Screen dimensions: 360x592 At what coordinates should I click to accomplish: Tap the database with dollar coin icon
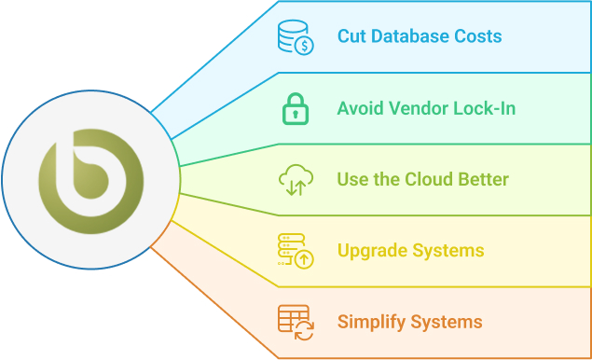click(x=294, y=37)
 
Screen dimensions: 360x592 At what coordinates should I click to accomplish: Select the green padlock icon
click(x=294, y=108)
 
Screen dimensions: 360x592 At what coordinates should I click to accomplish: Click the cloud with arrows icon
click(x=294, y=180)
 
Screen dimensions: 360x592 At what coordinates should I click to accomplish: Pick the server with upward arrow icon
click(x=294, y=251)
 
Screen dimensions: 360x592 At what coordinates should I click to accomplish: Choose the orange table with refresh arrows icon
click(x=294, y=322)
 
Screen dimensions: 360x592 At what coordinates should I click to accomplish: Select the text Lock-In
click(x=485, y=108)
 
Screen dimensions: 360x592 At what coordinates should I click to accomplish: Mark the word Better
click(x=485, y=179)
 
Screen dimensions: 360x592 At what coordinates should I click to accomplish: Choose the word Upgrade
click(x=371, y=251)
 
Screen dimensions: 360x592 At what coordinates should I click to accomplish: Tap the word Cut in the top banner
click(x=352, y=37)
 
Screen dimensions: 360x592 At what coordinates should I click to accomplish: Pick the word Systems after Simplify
click(x=446, y=322)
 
